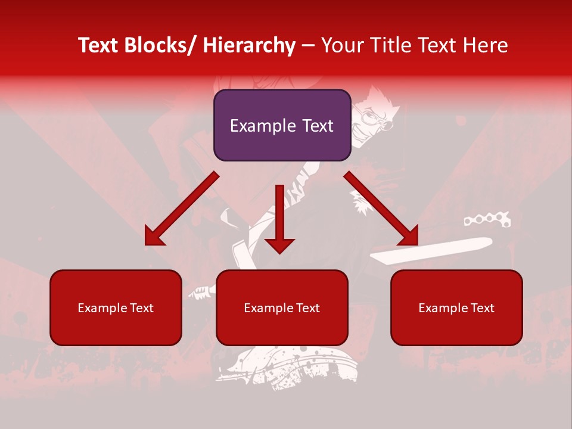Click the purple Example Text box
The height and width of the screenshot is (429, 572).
(282, 125)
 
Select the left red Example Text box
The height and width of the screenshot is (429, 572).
(116, 307)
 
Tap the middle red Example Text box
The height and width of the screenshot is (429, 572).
(282, 307)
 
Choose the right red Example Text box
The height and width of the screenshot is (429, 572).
(456, 307)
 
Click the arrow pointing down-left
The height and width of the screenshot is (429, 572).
(179, 210)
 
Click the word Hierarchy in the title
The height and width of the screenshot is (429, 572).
(249, 45)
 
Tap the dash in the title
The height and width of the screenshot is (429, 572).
(308, 45)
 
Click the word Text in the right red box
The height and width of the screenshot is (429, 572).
(482, 307)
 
